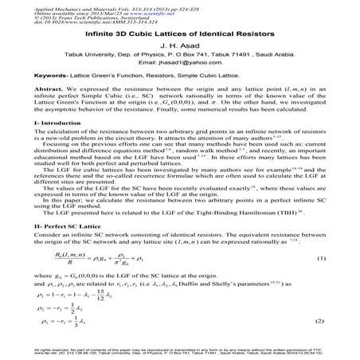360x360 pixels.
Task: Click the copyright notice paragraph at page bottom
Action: click(179, 352)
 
